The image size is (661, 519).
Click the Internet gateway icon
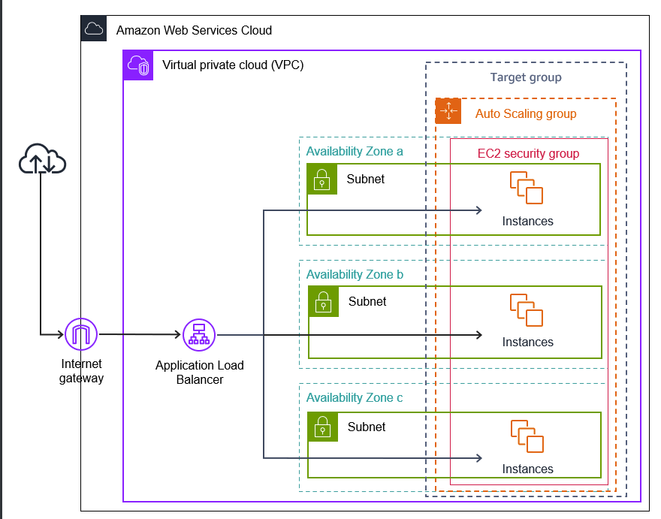[82, 334]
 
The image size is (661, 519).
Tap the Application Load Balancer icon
[199, 334]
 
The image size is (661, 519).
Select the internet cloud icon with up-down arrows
[42, 159]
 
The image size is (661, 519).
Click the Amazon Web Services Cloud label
[194, 31]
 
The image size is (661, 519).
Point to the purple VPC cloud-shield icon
[138, 65]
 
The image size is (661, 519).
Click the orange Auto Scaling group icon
[448, 111]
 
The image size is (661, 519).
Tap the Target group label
[526, 77]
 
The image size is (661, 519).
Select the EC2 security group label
[528, 153]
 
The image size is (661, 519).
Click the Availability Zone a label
[355, 152]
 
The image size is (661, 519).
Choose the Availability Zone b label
[355, 275]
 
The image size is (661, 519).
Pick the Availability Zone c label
[355, 398]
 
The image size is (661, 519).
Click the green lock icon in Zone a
[322, 180]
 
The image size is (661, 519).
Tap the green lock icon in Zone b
[324, 302]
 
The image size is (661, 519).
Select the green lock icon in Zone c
[322, 427]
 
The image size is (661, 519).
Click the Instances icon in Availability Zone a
[527, 188]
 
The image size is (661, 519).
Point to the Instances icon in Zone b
[527, 309]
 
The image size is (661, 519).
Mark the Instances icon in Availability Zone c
[527, 436]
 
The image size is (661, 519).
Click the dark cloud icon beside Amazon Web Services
[94, 29]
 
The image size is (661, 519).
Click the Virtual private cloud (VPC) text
[233, 65]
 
